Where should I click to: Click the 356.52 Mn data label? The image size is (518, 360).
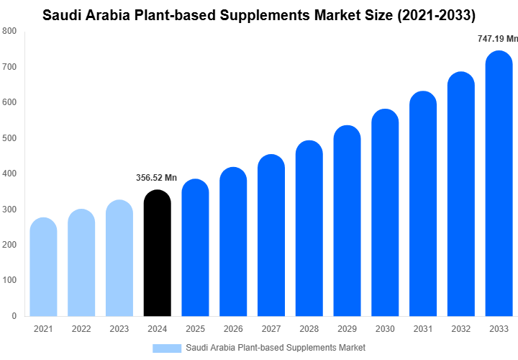tap(156, 178)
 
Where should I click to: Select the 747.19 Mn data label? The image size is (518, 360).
tap(497, 39)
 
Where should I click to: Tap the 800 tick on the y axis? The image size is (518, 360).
tap(9, 31)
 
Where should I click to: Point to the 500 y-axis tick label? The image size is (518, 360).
tap(9, 138)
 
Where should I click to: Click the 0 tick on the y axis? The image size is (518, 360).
tap(14, 316)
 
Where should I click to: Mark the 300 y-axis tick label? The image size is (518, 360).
tap(9, 210)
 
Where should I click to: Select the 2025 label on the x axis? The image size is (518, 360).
tap(195, 329)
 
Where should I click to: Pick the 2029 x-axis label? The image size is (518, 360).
tap(347, 329)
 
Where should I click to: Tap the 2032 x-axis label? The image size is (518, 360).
tap(461, 329)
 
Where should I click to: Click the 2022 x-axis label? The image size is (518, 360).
tap(81, 329)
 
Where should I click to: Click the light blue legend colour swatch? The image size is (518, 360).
tap(167, 348)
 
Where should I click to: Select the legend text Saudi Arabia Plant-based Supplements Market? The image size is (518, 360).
tap(276, 348)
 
